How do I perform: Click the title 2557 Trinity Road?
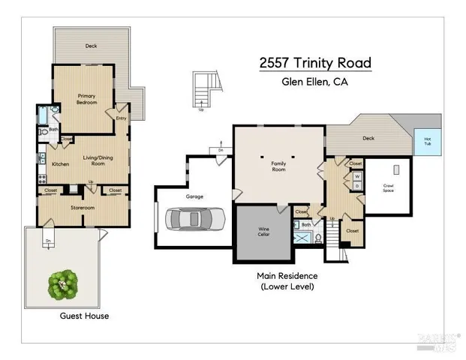tap(314, 64)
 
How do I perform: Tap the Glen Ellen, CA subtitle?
tap(314, 82)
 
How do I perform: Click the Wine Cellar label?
tap(263, 231)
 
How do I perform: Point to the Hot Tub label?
tap(428, 140)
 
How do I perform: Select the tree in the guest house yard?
tap(63, 283)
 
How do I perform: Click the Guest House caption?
tap(84, 316)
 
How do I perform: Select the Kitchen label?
tap(60, 163)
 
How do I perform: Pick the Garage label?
tap(194, 196)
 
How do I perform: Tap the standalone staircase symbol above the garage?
tap(204, 88)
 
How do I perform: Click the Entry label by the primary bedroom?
tap(121, 118)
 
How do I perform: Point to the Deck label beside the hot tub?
tap(368, 138)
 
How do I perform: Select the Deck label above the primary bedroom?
tap(91, 46)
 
